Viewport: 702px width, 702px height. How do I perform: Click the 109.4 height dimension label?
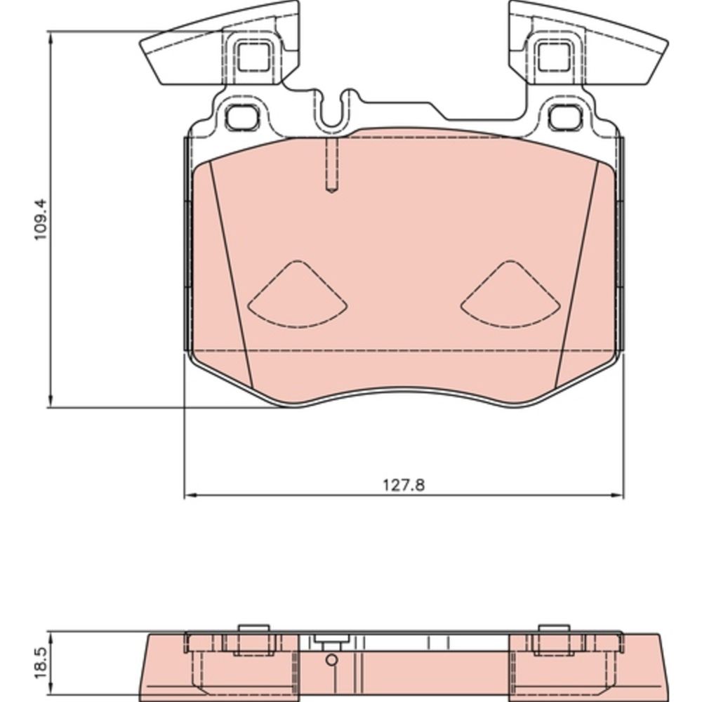tap(41, 220)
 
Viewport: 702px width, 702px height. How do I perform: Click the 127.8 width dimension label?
tap(404, 485)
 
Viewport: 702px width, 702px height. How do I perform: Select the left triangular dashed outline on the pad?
tap(298, 294)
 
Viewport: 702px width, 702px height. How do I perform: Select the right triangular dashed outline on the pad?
tap(510, 294)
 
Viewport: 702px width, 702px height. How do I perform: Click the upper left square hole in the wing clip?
tap(253, 56)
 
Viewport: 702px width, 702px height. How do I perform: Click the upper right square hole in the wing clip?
tap(555, 56)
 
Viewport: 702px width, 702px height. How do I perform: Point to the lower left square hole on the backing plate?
tap(242, 117)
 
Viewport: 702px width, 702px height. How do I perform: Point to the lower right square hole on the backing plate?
tap(565, 117)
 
